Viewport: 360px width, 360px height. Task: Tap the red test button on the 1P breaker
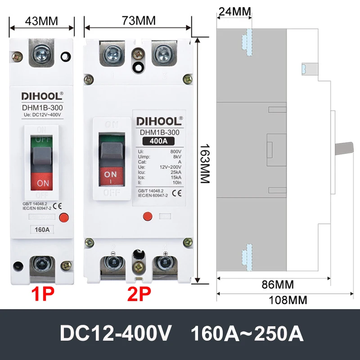pos(63,217)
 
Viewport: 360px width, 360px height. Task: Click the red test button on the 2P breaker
pos(146,216)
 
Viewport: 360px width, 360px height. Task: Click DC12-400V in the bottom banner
pos(116,334)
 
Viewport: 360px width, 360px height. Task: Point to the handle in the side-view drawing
pos(346,148)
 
